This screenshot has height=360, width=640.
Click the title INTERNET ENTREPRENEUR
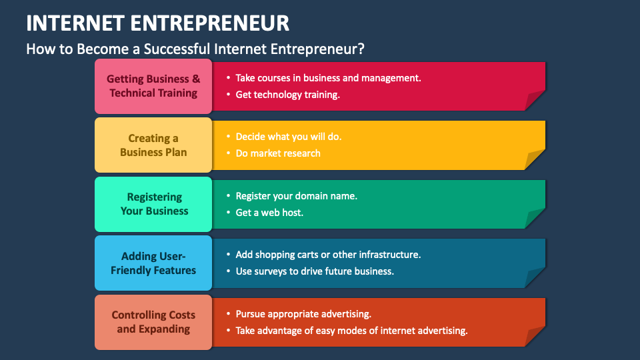[x=158, y=23]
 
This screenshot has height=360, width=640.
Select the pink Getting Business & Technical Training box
[x=153, y=86]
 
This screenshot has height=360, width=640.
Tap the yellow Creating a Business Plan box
[x=153, y=145]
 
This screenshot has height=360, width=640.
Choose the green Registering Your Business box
[x=154, y=204]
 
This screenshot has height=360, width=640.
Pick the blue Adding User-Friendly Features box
[x=153, y=263]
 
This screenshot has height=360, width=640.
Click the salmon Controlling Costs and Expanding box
[x=153, y=322]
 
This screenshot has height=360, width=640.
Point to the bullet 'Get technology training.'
[x=287, y=95]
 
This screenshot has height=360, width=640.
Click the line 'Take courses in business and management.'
[x=328, y=78]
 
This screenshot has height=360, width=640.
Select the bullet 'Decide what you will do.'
[x=288, y=137]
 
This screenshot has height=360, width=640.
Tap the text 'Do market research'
[x=278, y=153]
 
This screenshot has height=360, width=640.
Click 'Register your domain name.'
[x=296, y=196]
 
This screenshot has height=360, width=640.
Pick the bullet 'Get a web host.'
[x=269, y=213]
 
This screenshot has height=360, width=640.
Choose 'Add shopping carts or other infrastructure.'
[x=328, y=255]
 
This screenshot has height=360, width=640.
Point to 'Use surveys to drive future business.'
[x=315, y=271]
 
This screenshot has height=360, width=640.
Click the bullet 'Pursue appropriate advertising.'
[x=303, y=314]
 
